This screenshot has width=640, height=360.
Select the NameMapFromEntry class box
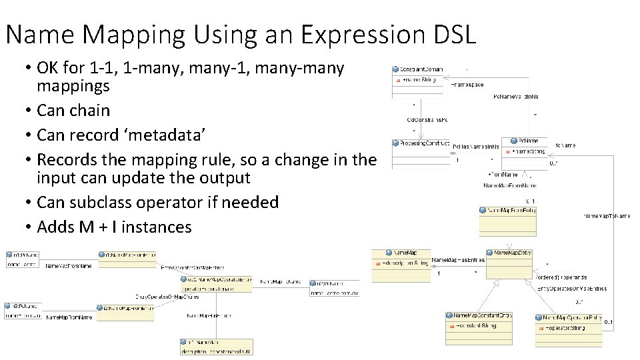pos(507,221)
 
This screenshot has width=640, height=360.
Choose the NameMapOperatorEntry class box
pos(568,327)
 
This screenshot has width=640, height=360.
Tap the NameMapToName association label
pos(607,216)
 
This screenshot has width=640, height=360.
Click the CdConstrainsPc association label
pos(427,120)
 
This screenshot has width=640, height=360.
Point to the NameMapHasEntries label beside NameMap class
pos(458,260)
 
